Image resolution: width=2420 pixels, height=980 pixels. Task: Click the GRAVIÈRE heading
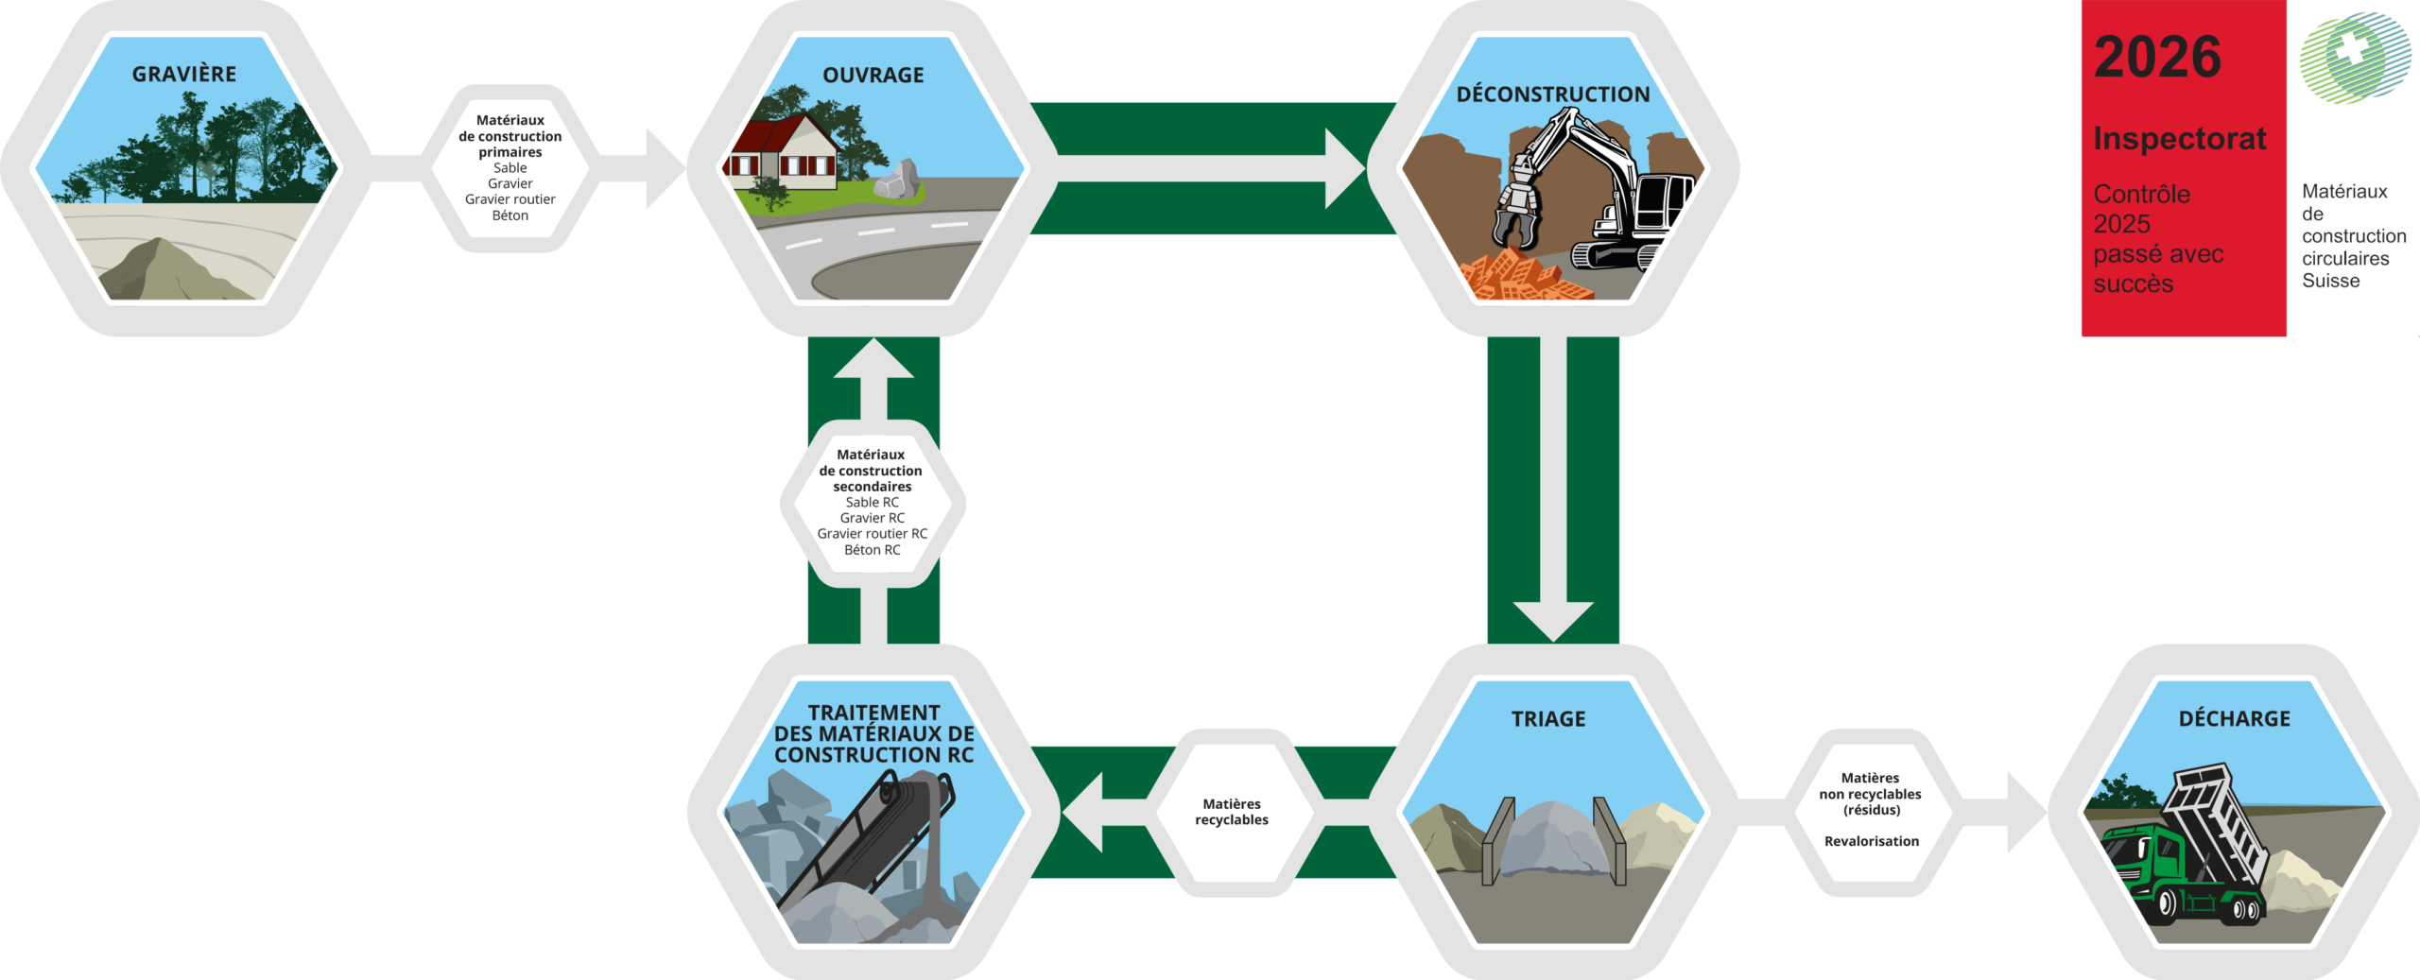coord(184,74)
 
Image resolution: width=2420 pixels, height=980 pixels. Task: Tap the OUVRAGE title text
coord(873,75)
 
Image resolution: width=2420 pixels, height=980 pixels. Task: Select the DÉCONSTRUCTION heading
coord(1552,95)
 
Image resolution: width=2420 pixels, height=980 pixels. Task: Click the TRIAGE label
coord(1547,719)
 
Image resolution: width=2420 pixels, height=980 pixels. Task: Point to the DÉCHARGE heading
coord(2234,719)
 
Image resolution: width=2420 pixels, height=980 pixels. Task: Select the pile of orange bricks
coord(1522,276)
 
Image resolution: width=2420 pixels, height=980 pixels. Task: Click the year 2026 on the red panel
coord(2157,58)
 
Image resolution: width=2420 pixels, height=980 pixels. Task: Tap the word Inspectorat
coord(2179,139)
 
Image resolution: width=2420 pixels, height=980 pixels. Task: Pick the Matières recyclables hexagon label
coord(1231,812)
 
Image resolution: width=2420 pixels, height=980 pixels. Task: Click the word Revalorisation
coord(1871,841)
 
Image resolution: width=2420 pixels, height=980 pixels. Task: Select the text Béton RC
coord(872,550)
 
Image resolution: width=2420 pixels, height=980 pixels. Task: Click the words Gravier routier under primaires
coord(510,199)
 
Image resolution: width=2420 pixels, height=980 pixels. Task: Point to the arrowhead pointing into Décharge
coord(2025,812)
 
